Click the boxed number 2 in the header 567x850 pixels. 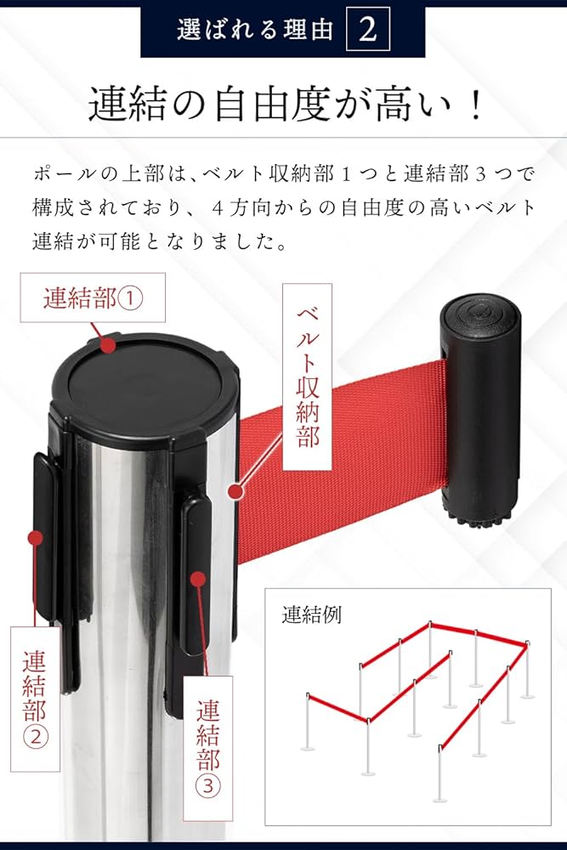pos(368,29)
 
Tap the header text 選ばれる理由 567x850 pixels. pos(254,30)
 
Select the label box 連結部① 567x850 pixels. pos(93,298)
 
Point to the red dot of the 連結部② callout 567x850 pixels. pos(36,538)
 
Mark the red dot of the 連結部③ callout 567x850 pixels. pos(198,579)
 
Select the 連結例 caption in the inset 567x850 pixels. pos(310,615)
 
